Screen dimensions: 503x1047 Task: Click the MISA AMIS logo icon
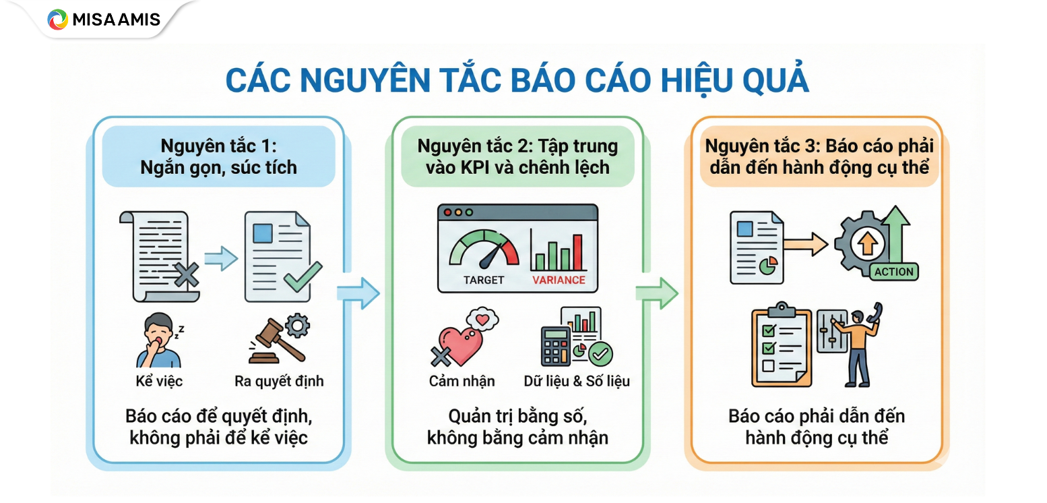(57, 19)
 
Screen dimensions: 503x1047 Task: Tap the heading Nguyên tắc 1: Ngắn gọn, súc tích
(218, 156)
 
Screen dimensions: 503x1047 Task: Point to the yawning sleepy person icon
(156, 340)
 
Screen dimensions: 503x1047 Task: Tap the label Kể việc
(159, 381)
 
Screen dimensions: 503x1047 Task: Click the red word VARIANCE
(559, 280)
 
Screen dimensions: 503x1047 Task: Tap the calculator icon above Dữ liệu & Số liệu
(556, 346)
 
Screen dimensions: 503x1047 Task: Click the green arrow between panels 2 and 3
(656, 293)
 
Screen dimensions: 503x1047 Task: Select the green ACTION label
(893, 272)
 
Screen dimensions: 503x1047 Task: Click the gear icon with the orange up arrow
(866, 243)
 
